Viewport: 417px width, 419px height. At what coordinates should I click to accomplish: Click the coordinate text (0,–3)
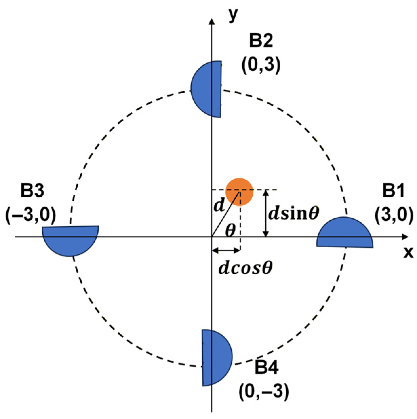(x=264, y=391)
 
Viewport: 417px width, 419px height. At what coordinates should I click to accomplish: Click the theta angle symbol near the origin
(x=230, y=231)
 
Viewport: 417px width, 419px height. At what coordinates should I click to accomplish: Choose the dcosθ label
(x=246, y=269)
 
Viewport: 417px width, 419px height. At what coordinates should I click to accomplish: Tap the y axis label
(x=233, y=15)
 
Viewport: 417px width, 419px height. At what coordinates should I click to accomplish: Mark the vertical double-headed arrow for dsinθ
(x=267, y=213)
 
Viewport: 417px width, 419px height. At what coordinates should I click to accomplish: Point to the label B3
(x=32, y=191)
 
